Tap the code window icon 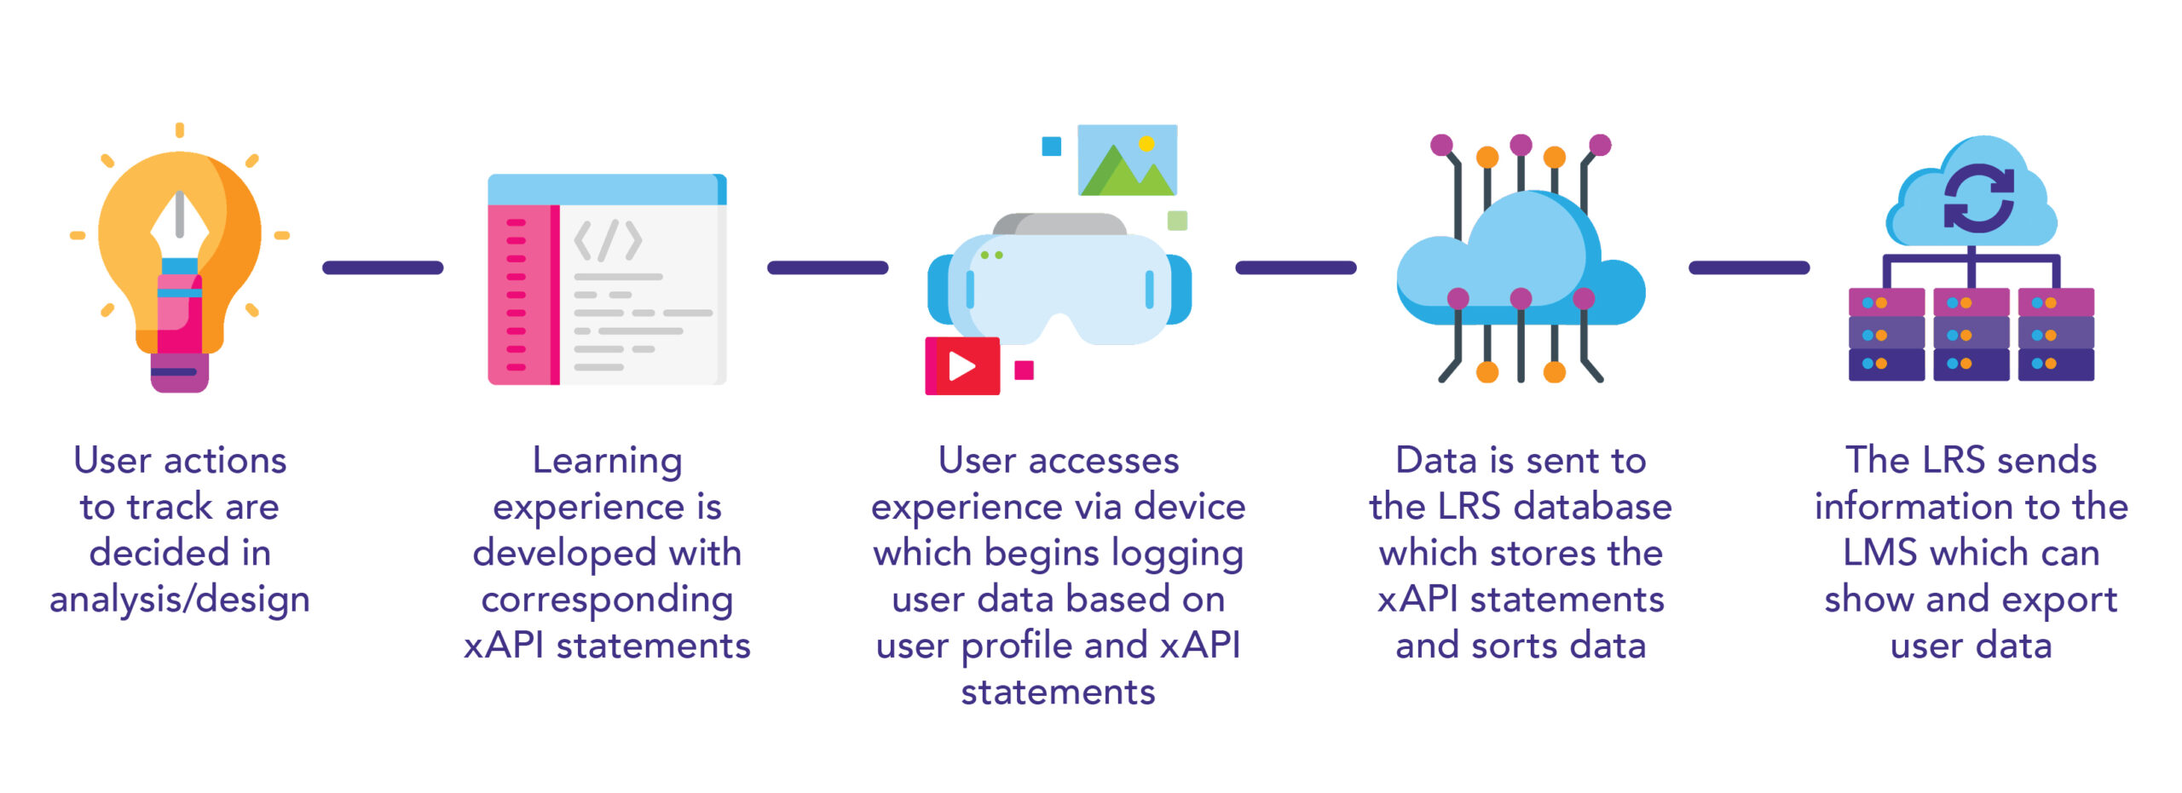tap(607, 279)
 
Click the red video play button tap(962, 366)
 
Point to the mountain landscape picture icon tap(1128, 160)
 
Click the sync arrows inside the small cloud tap(1979, 198)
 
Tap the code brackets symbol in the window tap(608, 241)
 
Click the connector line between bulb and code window tap(383, 267)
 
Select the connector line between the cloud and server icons tap(1749, 267)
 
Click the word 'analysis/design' tap(180, 600)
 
